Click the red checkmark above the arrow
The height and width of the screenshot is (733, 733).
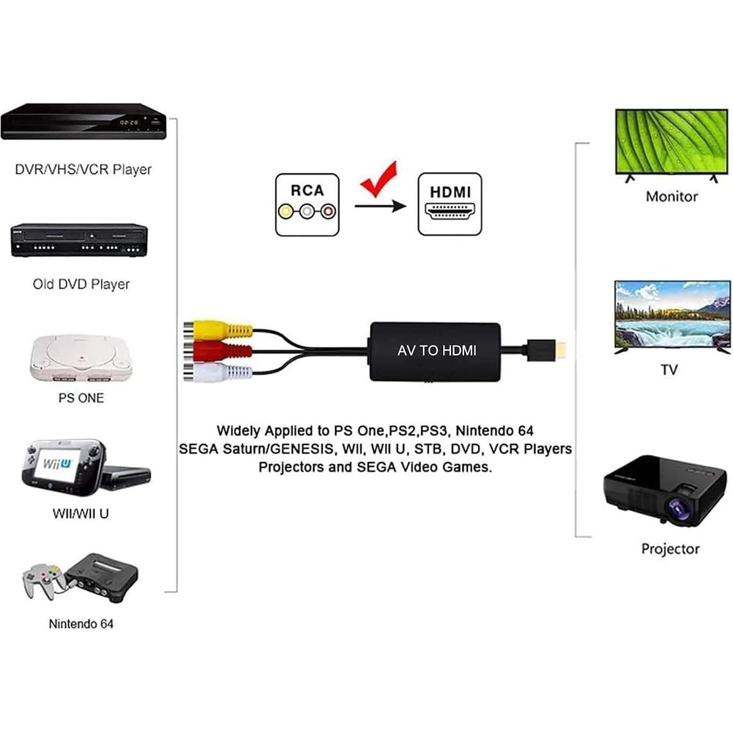(x=379, y=179)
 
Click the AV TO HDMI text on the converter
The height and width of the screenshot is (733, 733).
(x=436, y=351)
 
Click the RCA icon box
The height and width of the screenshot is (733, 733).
(x=307, y=205)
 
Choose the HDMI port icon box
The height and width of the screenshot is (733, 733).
(x=450, y=204)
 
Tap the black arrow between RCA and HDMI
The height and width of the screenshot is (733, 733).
(x=380, y=206)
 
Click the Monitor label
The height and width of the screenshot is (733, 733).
(x=671, y=197)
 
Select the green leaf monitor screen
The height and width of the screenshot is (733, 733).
(x=671, y=141)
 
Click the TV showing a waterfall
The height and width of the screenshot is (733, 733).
(x=672, y=315)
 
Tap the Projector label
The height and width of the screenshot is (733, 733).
(x=670, y=549)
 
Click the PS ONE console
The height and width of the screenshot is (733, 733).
(x=81, y=358)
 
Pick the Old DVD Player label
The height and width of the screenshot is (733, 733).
(x=81, y=285)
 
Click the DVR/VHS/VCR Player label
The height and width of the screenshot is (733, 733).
(x=83, y=170)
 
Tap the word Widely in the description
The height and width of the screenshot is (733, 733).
(x=238, y=431)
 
